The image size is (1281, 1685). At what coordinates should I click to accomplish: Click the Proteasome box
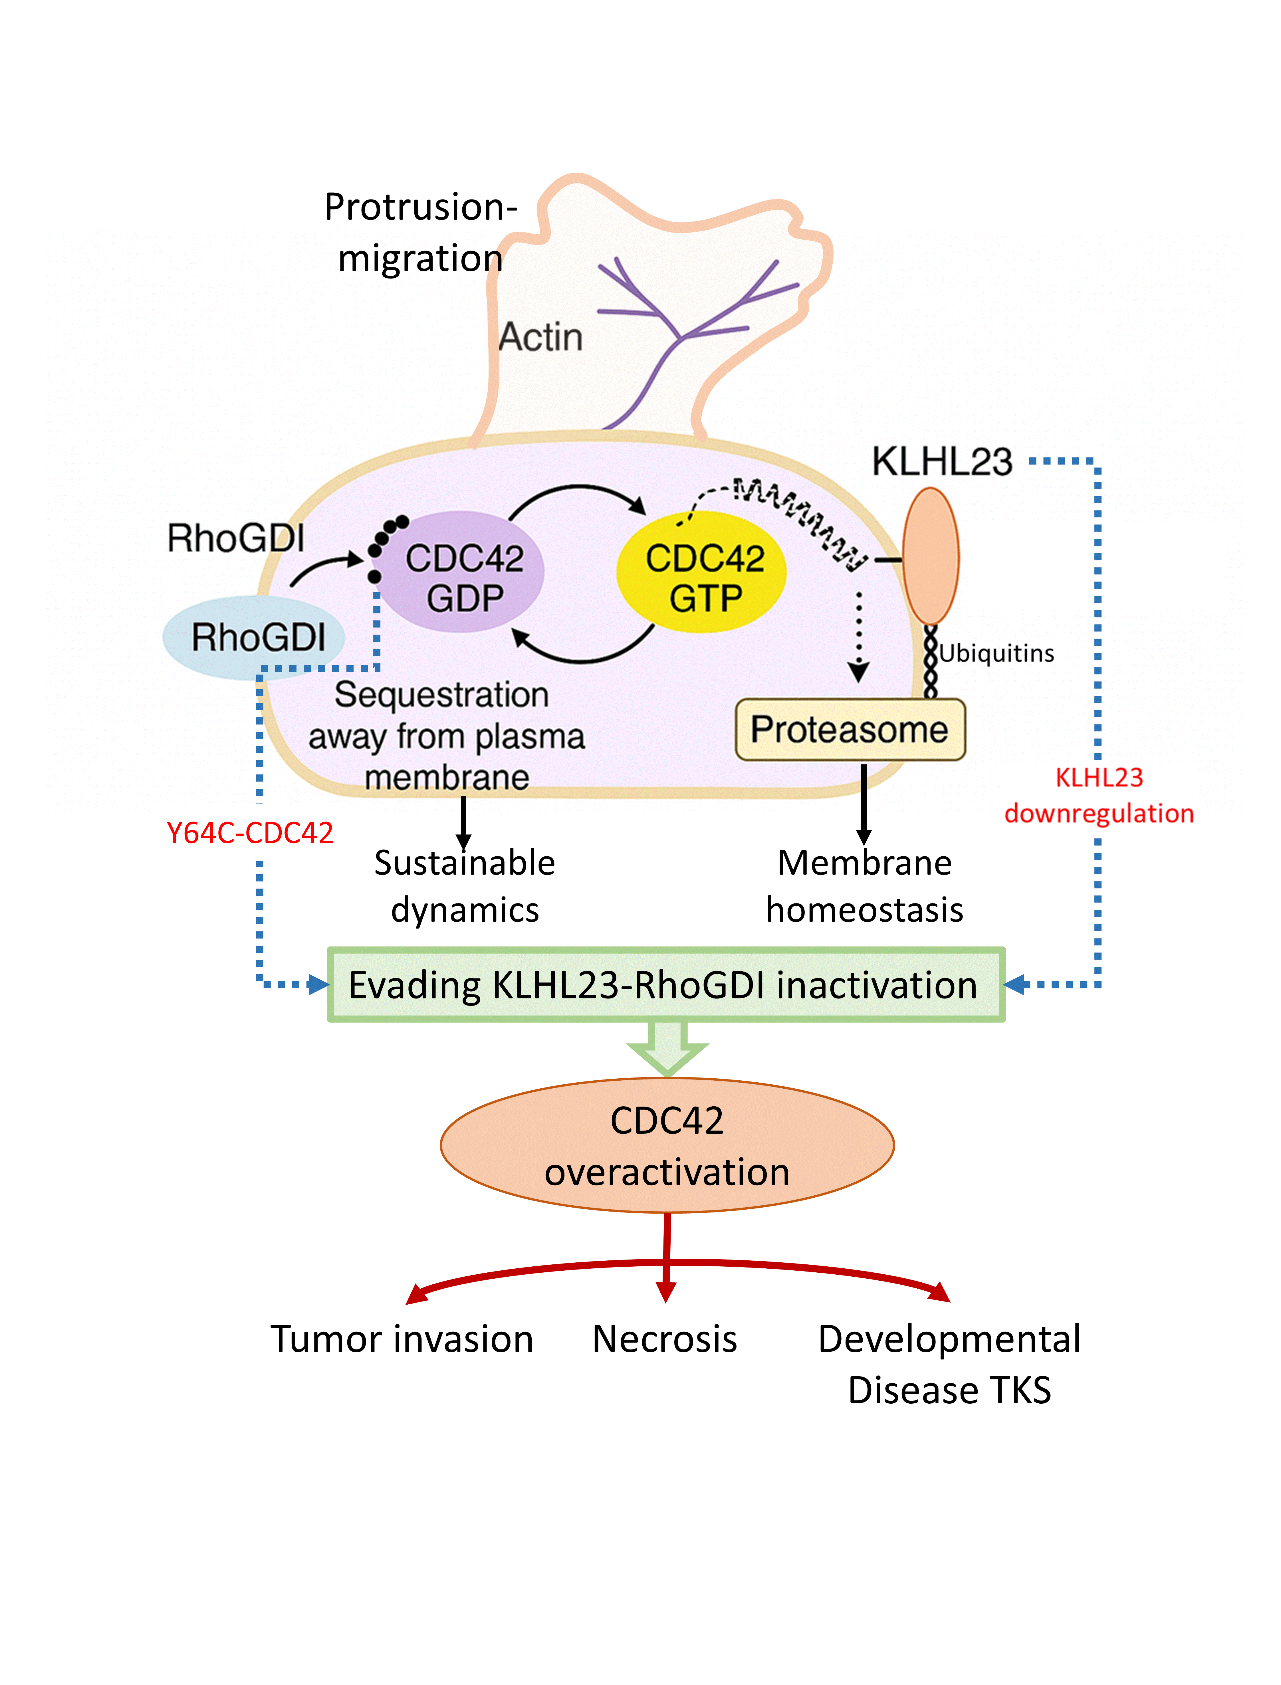850,730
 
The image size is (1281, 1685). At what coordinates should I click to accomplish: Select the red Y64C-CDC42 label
250,833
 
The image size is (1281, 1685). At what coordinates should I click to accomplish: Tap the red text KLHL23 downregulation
1099,795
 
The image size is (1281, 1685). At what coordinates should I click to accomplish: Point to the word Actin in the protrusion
540,337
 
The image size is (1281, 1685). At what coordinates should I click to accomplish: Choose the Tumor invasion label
402,1340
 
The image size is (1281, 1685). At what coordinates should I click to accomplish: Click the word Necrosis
665,1340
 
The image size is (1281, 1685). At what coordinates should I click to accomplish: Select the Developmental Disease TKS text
949,1365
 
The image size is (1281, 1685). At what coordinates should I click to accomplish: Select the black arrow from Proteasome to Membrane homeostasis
864,804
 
